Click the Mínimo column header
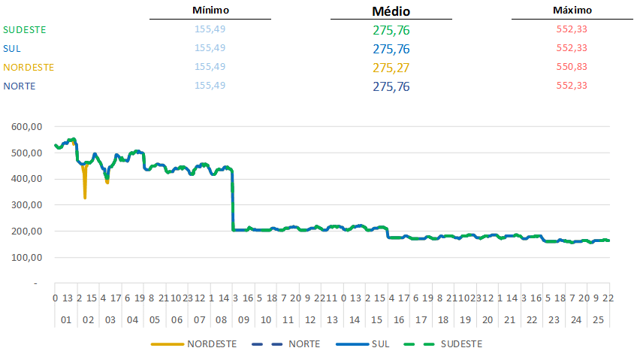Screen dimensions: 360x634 210,11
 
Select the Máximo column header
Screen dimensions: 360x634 572,11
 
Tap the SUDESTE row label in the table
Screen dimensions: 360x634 25,30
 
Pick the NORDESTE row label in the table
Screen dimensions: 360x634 29,67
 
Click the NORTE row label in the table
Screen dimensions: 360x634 20,86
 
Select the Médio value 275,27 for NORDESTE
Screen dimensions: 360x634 391,68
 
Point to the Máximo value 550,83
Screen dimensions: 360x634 572,67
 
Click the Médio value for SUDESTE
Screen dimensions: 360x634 391,31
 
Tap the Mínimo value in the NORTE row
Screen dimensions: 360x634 210,86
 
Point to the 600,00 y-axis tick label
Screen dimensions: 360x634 28,127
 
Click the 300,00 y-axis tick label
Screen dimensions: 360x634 28,205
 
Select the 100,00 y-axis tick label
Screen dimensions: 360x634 28,257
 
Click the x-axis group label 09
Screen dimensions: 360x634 243,320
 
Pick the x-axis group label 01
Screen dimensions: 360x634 65,320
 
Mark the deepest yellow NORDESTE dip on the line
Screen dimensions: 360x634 85,197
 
